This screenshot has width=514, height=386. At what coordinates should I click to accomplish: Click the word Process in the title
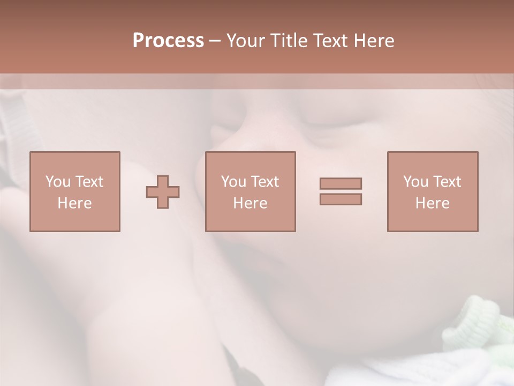(x=168, y=41)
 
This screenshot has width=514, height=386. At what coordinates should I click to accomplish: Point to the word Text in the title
(x=331, y=41)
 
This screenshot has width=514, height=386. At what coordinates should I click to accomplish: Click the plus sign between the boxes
(x=163, y=192)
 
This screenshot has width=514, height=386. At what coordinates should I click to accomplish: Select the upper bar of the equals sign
(x=341, y=183)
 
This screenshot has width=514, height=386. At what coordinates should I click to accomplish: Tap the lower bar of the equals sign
(x=341, y=199)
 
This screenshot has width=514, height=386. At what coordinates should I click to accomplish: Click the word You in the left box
(x=58, y=182)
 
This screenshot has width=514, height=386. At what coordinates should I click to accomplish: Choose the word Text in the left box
(x=88, y=182)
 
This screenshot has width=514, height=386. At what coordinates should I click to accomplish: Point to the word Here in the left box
(x=74, y=203)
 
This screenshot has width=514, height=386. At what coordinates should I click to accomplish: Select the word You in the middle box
(x=233, y=182)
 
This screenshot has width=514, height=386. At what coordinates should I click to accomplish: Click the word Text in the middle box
(x=264, y=182)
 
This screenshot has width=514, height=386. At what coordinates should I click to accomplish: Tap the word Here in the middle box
(x=250, y=203)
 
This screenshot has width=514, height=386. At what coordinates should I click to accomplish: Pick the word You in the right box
(x=415, y=182)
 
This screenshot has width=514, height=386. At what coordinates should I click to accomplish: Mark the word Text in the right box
(x=446, y=182)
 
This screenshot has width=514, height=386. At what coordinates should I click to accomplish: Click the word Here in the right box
(x=432, y=203)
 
